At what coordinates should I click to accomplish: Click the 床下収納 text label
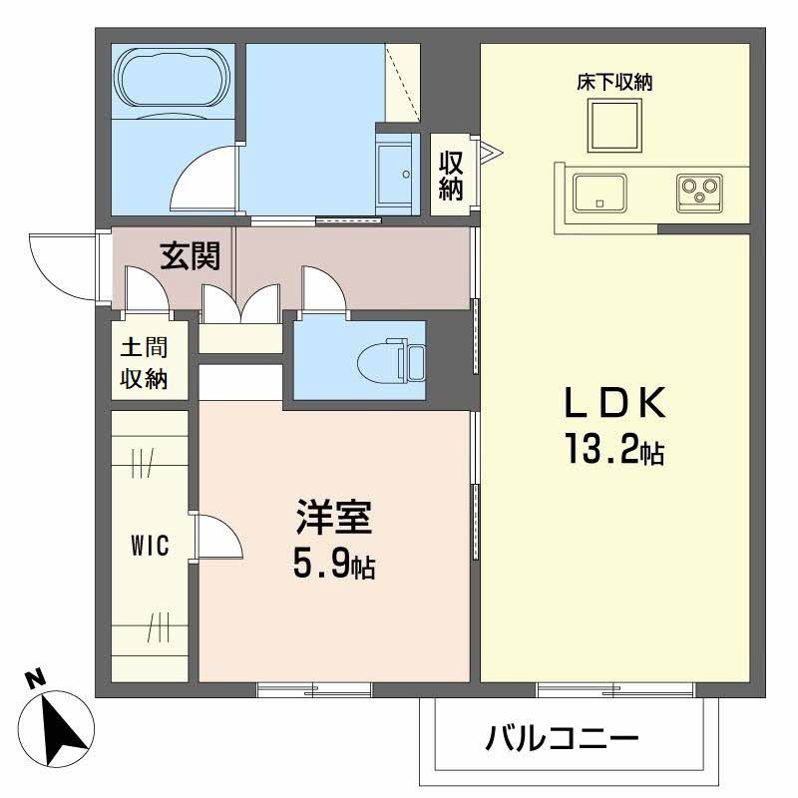pyautogui.click(x=613, y=83)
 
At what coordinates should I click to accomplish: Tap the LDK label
pyautogui.click(x=613, y=404)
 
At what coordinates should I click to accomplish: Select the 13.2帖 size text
pyautogui.click(x=611, y=452)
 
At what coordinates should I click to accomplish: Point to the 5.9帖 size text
pyautogui.click(x=333, y=566)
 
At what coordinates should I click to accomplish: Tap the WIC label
pyautogui.click(x=149, y=546)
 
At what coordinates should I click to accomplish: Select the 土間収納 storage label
pyautogui.click(x=144, y=364)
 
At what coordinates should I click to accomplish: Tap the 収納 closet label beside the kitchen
pyautogui.click(x=451, y=176)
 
